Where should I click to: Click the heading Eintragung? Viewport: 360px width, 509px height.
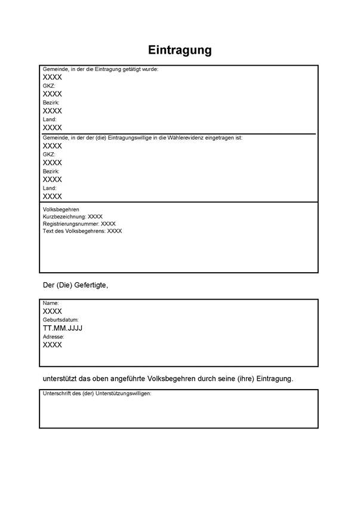180,50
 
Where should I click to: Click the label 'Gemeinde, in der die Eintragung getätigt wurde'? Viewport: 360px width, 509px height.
100,70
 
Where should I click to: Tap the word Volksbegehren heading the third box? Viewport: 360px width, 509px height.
61,210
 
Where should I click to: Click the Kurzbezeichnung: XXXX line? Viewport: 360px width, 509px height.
73,217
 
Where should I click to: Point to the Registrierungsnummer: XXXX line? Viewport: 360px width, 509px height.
79,224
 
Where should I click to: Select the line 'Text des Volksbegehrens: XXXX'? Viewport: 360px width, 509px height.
82,231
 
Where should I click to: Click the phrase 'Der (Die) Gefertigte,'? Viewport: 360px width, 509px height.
75,285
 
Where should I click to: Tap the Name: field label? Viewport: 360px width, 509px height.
51,304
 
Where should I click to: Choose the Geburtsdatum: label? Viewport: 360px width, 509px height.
61,320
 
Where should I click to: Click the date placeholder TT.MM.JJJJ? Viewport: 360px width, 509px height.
63,328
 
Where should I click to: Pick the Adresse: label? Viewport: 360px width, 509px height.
53,337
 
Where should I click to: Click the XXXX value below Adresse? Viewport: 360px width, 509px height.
53,345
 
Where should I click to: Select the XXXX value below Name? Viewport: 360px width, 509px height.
53,311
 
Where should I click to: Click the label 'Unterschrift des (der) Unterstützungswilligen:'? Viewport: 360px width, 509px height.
97,394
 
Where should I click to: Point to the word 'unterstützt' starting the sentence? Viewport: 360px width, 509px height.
60,379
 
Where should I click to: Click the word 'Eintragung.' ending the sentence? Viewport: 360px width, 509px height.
275,379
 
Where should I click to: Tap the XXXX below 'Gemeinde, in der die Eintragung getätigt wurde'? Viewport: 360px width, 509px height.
53,78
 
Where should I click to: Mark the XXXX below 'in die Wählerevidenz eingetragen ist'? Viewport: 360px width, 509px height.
53,146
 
